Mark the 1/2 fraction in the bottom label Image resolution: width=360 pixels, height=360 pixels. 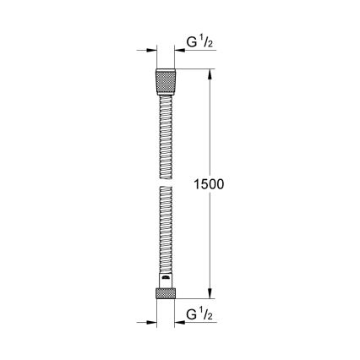tap(210, 315)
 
